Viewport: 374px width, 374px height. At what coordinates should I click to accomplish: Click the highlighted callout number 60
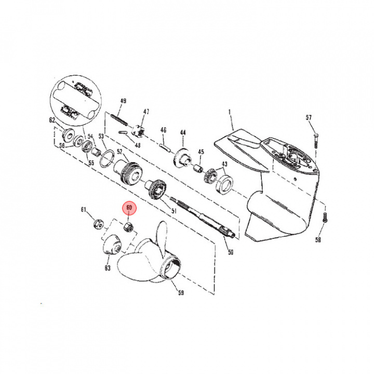(129, 207)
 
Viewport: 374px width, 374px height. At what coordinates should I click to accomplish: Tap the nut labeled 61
(98, 224)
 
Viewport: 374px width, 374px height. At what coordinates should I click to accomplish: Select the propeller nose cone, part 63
(112, 245)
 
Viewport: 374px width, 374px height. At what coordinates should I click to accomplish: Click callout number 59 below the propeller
(181, 292)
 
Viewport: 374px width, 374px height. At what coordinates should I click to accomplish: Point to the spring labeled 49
(119, 120)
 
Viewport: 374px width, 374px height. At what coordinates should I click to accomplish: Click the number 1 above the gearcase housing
(230, 112)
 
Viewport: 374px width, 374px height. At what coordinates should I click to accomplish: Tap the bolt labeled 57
(316, 141)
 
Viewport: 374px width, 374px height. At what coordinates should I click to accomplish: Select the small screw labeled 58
(324, 218)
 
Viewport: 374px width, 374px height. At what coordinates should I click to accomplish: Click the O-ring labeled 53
(107, 158)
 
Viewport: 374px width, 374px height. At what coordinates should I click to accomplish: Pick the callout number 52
(119, 152)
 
